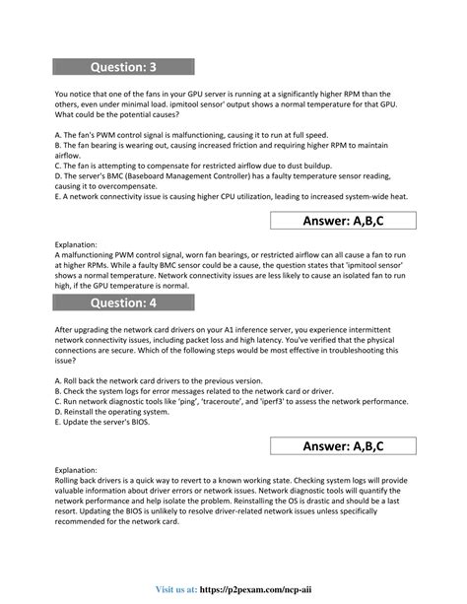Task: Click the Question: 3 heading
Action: coord(123,67)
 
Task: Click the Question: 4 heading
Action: coord(123,301)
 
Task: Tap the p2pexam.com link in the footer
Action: coord(317,588)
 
